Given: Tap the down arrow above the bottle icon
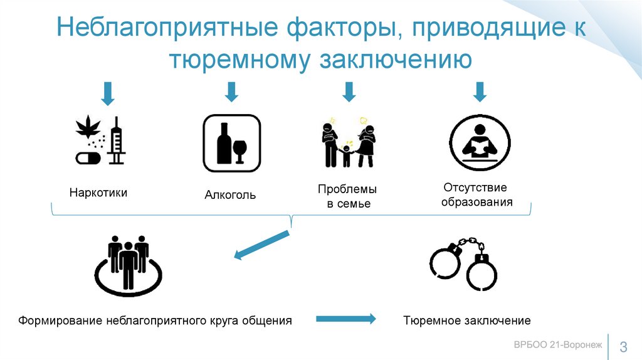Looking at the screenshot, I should coord(231,92).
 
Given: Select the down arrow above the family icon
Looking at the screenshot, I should coord(349,92).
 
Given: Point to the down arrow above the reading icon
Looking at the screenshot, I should coord(480,92).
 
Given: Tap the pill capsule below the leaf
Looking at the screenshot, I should coord(87,157).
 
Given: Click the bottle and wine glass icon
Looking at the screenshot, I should coord(231,143).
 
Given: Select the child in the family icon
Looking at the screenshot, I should coord(347,155).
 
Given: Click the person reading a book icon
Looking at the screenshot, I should coord(479,142).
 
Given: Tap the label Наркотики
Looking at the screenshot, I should coord(98,193).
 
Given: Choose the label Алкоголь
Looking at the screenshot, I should coord(230,195).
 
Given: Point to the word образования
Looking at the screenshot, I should coord(476,202).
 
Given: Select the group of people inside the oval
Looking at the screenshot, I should coord(129,260).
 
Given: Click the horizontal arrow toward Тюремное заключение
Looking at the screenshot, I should coord(345,319).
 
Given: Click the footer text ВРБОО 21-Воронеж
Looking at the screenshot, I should coord(557,344).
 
